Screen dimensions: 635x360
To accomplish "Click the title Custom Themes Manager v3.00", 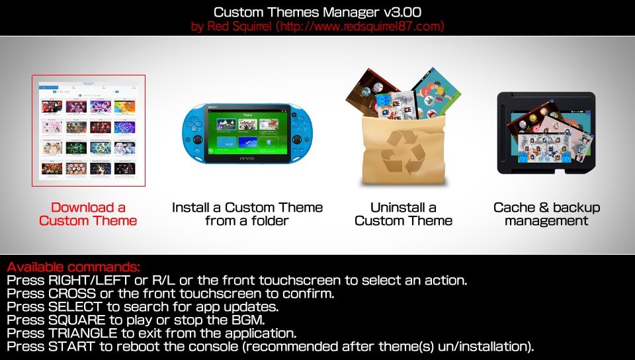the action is [317, 12].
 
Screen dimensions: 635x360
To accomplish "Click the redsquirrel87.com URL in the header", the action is [360, 26].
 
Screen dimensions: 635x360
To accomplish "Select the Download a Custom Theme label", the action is [88, 214].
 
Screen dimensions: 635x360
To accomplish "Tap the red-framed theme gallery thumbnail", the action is [89, 130].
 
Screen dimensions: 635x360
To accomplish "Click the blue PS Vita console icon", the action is [247, 134].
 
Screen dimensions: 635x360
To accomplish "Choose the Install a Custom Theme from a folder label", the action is [247, 214].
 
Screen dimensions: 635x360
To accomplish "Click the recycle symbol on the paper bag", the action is [403, 152].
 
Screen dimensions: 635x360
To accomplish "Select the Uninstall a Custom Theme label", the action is [403, 214].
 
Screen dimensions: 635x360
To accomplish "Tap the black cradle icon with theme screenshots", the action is [546, 133].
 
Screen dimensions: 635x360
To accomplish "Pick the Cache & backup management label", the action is [546, 214].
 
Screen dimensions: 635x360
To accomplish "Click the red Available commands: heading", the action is [73, 267].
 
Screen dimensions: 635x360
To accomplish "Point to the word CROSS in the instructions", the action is [72, 293].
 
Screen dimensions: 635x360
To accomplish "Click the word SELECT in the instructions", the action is [75, 306].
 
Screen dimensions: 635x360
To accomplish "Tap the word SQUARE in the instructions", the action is [77, 320].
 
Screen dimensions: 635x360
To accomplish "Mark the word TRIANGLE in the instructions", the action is [83, 334].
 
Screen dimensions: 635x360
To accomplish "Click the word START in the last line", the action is [71, 347].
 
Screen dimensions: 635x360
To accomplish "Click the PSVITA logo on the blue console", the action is [247, 158].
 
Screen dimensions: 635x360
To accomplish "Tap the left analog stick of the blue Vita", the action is [198, 140].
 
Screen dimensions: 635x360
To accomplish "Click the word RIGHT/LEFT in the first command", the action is [89, 280].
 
